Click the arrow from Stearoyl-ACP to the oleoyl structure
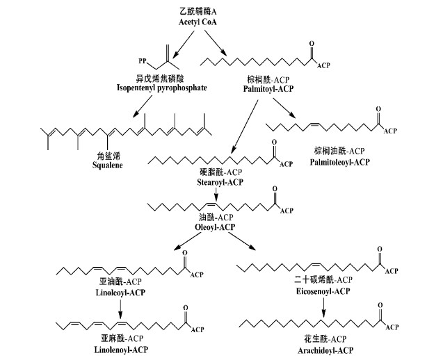pyautogui.click(x=217, y=194)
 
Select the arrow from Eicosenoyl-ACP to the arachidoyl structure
pyautogui.click(x=323, y=305)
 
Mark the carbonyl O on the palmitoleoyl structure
pyautogui.click(x=378, y=110)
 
